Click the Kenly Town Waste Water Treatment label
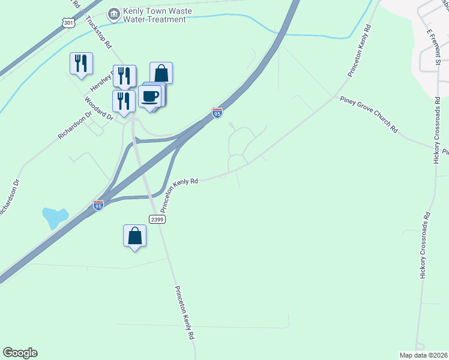click(154, 16)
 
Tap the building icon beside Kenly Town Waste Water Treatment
click(112, 13)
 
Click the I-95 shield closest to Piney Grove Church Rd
click(217, 112)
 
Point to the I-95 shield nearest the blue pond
click(99, 205)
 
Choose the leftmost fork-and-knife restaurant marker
click(81, 64)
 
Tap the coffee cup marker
click(149, 96)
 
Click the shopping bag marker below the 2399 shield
click(135, 236)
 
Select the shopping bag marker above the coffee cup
click(161, 73)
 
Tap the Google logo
click(20, 353)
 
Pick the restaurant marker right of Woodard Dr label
click(124, 101)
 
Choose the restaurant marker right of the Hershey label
click(124, 76)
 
